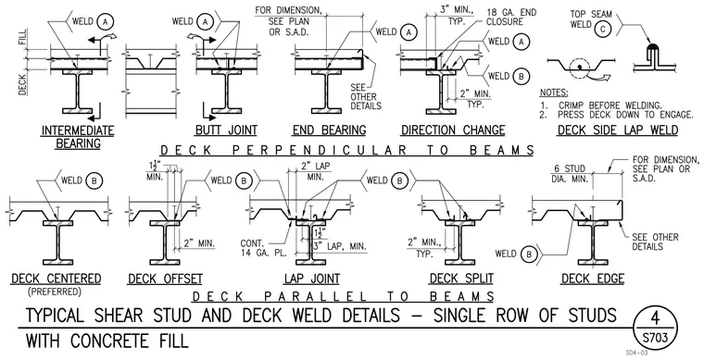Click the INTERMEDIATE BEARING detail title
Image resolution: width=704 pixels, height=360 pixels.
click(x=78, y=137)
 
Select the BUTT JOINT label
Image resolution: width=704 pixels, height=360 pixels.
click(x=226, y=130)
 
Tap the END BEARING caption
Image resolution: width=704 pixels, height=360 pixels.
click(x=329, y=130)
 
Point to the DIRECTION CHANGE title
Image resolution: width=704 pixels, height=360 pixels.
click(x=453, y=130)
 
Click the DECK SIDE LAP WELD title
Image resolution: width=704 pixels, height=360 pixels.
click(x=618, y=130)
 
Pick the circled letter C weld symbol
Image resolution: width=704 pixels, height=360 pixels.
click(x=603, y=30)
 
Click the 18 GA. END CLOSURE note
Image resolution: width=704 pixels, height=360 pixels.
click(x=511, y=17)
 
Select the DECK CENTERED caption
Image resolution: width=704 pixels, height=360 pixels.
click(x=57, y=279)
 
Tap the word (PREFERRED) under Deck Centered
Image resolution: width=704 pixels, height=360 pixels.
click(x=55, y=292)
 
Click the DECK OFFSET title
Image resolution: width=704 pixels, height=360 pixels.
click(x=165, y=279)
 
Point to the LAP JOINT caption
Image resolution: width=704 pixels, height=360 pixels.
click(x=312, y=279)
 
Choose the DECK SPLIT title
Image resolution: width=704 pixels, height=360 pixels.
click(x=461, y=279)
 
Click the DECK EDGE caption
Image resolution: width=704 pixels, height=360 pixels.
click(x=593, y=279)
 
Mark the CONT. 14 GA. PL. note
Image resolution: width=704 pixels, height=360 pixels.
click(x=263, y=248)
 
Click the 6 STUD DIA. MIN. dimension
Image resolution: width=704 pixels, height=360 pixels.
click(x=569, y=173)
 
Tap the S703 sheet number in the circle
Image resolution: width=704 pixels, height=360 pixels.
click(x=655, y=337)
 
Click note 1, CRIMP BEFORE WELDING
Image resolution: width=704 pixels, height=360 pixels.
click(x=601, y=106)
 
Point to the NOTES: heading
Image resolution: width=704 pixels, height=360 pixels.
click(x=554, y=93)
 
